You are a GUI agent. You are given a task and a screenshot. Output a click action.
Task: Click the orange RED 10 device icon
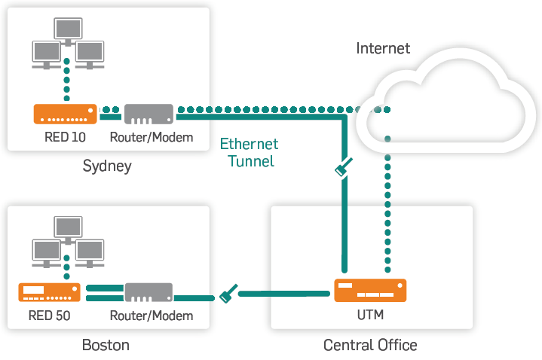[66, 114]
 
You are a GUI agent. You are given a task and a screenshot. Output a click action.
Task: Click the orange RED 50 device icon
[50, 292]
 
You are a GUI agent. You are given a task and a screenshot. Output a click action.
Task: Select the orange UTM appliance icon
[370, 291]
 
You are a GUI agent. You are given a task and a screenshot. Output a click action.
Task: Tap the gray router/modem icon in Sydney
[149, 114]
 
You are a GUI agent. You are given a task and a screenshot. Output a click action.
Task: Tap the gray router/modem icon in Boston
[149, 292]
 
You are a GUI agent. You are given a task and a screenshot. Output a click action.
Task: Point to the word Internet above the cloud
[383, 49]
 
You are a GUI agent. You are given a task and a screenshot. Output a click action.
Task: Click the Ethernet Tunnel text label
[249, 152]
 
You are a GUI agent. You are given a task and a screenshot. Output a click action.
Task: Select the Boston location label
[106, 346]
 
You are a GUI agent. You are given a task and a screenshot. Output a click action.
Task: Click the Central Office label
[370, 346]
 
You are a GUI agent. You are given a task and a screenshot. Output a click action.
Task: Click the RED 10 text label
[65, 138]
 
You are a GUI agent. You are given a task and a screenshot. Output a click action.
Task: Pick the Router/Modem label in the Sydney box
[152, 138]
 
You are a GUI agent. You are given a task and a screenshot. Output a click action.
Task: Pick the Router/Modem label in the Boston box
[152, 316]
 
